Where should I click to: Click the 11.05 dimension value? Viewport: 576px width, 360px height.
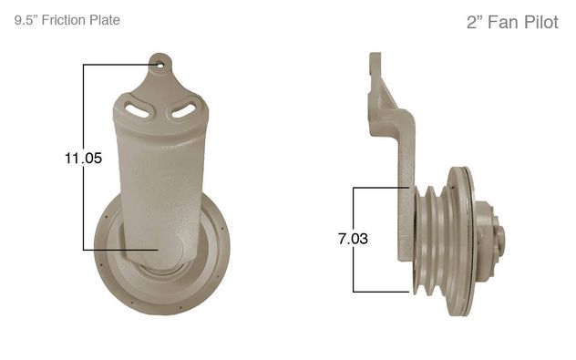83,159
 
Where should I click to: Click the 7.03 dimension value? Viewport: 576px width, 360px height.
353,239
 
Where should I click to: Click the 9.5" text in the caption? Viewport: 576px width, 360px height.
26,20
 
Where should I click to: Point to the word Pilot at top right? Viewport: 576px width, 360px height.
541,22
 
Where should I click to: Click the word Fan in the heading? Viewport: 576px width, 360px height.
504,22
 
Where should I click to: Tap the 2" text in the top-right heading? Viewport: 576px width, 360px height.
475,22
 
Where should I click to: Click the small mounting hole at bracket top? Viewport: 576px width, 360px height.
160,65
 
